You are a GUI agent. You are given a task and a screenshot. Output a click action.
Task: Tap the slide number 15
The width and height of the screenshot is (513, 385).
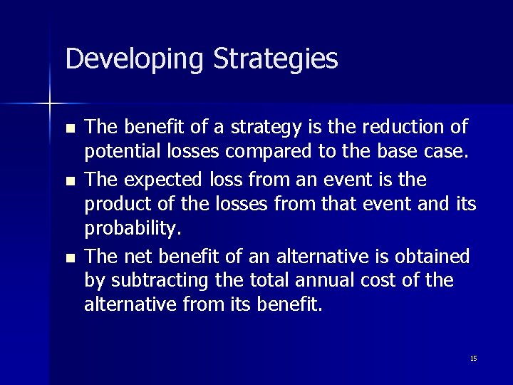(x=473, y=358)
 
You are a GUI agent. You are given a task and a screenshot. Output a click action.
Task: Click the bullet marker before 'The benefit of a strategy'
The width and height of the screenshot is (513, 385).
(x=69, y=128)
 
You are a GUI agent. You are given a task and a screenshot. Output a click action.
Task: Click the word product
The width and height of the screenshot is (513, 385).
(x=114, y=205)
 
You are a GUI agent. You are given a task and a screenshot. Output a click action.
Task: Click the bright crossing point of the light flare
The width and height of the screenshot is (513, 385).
(x=50, y=105)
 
